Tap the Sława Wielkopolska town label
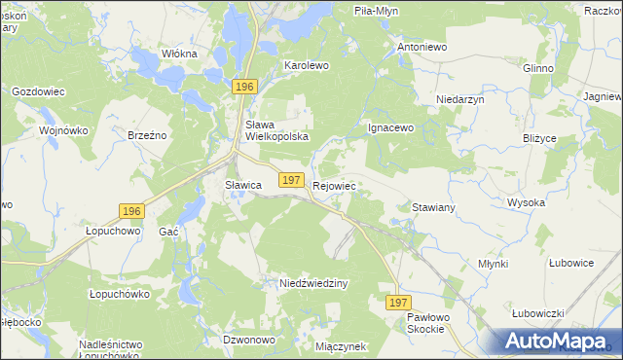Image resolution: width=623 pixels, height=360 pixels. pos(276,130)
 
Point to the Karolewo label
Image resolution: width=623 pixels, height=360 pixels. pos(307,65)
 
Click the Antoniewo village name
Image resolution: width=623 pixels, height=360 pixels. pos(421,46)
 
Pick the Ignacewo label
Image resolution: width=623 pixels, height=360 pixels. pos(390,127)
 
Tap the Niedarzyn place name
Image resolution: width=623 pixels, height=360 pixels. pos(460,99)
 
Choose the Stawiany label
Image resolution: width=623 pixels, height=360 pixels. pos(434,208)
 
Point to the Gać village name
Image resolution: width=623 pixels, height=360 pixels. pos(168,232)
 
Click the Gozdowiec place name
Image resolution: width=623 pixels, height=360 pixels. pos(38,90)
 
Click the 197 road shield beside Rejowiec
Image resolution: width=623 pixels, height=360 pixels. pos(290,180)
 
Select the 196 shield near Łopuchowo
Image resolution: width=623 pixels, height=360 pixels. pos(132,211)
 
